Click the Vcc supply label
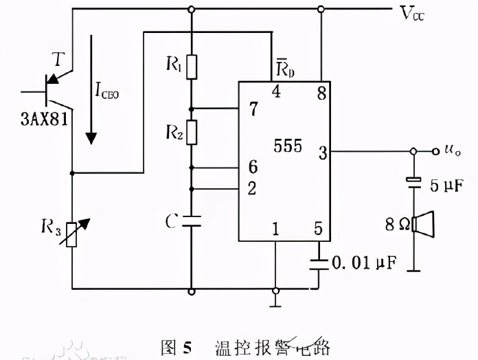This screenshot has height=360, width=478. click(x=411, y=13)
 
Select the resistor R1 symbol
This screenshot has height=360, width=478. click(x=192, y=67)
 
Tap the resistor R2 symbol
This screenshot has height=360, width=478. click(x=192, y=131)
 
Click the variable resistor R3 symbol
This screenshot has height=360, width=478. click(x=72, y=233)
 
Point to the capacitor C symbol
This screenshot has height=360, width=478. click(x=192, y=221)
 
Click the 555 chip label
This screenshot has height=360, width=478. click(x=287, y=146)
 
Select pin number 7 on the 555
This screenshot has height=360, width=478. click(x=253, y=109)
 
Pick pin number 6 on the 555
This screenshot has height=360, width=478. click(x=253, y=168)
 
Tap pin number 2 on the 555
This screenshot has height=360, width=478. click(x=253, y=188)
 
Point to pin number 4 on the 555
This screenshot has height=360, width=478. click(x=275, y=92)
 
